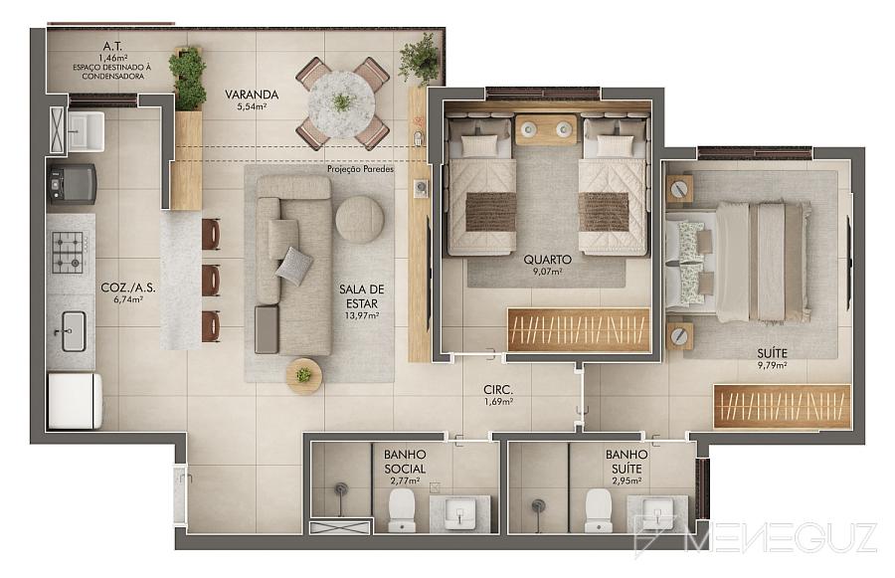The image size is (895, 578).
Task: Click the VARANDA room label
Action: click(x=252, y=95)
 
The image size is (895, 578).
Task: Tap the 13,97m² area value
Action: click(x=361, y=315)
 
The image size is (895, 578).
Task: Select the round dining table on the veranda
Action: click(x=341, y=102)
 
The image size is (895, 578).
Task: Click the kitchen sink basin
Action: click(x=74, y=331)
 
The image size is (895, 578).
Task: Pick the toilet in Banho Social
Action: click(x=402, y=510)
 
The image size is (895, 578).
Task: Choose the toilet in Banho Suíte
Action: click(x=599, y=510)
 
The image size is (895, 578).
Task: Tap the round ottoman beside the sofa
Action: click(x=360, y=220)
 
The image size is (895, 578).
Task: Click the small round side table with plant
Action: click(x=304, y=376)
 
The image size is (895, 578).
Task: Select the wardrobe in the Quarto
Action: click(x=579, y=329)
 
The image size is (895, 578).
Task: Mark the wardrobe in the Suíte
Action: click(x=782, y=406)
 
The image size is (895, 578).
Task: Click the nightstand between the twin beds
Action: click(x=547, y=129)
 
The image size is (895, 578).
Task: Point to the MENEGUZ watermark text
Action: click(x=781, y=537)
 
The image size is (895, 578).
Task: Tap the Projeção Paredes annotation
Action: click(x=360, y=169)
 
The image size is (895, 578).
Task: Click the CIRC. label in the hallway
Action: click(x=498, y=390)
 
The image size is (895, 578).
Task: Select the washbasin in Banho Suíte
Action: click(x=656, y=513)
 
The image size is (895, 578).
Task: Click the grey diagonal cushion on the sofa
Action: click(x=294, y=266)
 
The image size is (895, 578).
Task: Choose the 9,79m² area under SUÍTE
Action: click(x=773, y=365)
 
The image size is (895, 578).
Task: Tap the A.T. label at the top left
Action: click(x=111, y=46)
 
